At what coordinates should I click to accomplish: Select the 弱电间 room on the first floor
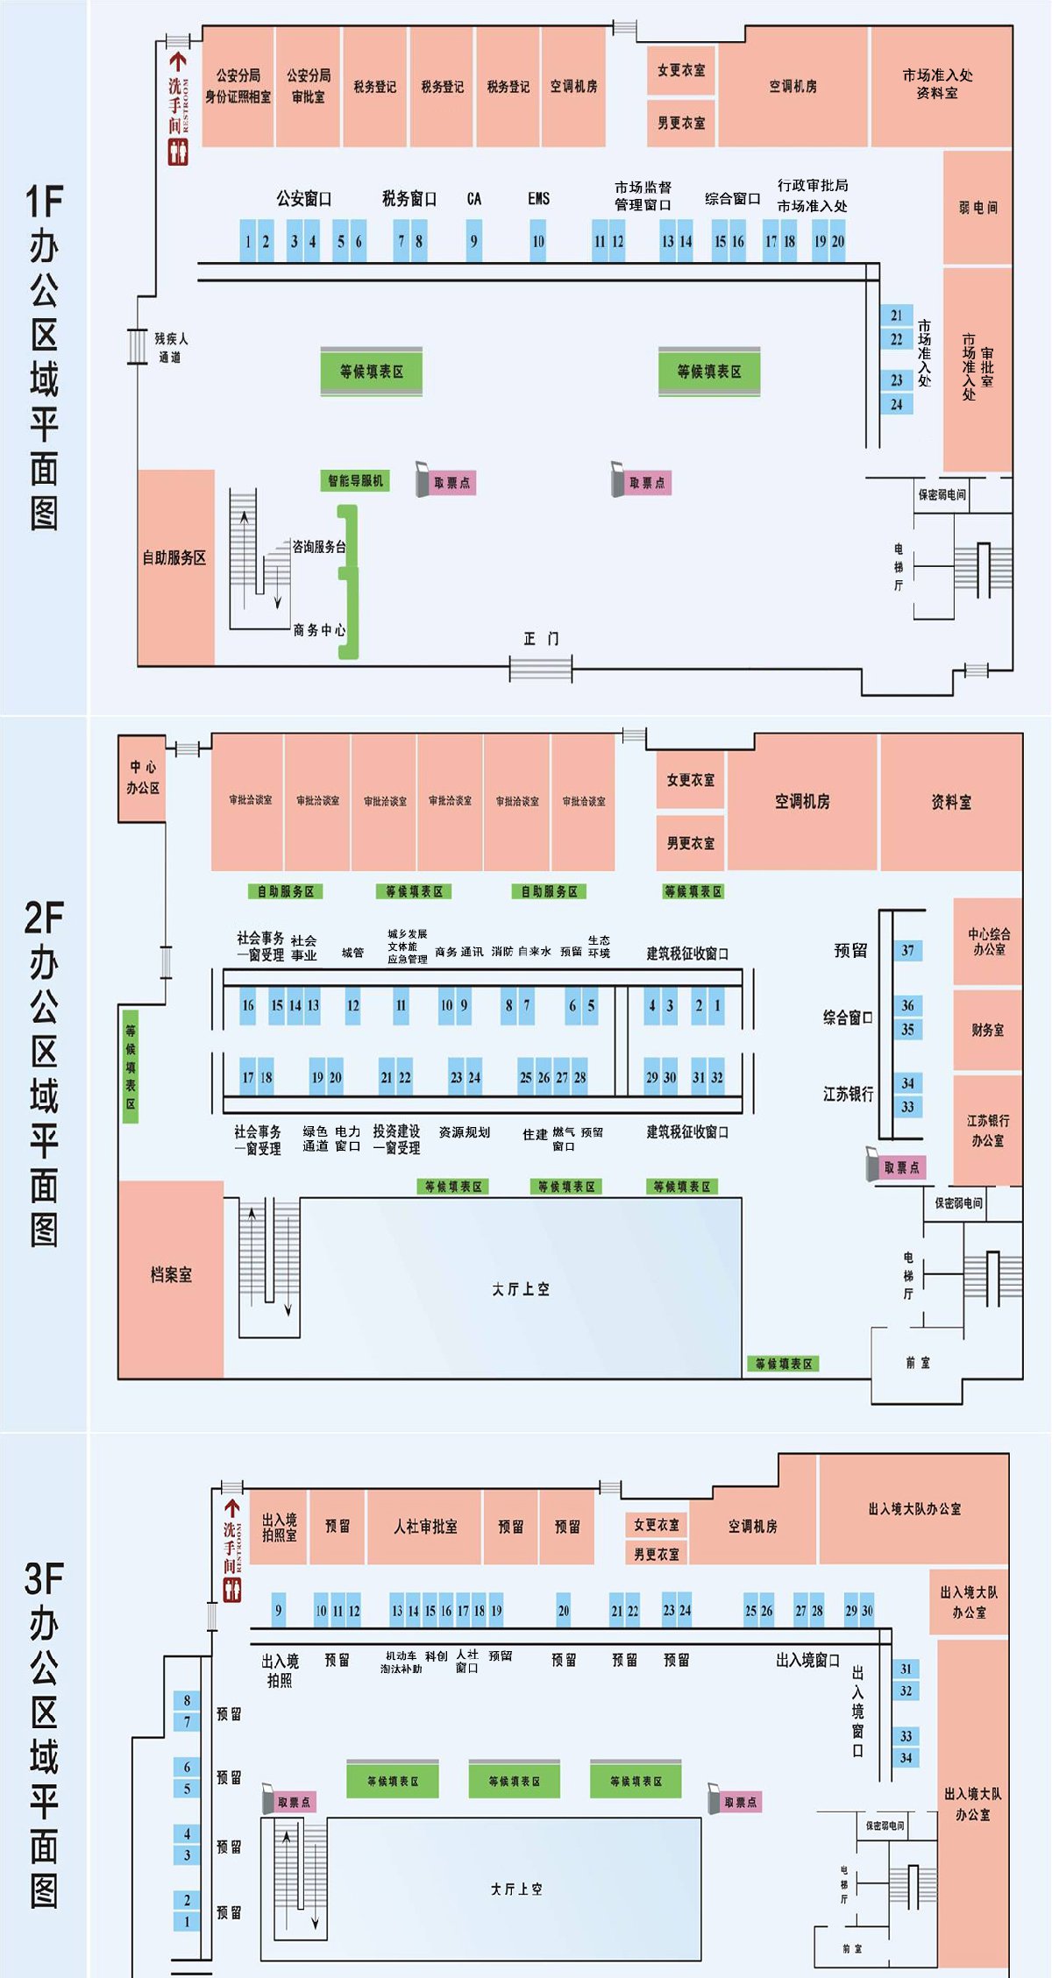click(x=977, y=208)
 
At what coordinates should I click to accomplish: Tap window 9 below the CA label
click(x=473, y=241)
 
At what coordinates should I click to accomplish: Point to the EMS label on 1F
click(x=538, y=199)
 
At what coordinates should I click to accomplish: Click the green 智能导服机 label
click(x=355, y=480)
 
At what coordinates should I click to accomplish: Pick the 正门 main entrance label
click(x=541, y=639)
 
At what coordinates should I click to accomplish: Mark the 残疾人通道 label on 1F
click(x=170, y=347)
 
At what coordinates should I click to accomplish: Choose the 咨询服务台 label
click(x=318, y=547)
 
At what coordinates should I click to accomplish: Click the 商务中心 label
click(x=319, y=630)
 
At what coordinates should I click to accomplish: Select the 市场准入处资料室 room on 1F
click(x=937, y=85)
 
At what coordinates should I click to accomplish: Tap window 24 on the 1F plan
click(x=897, y=404)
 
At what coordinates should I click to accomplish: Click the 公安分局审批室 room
click(x=308, y=86)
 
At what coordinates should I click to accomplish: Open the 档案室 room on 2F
click(x=171, y=1275)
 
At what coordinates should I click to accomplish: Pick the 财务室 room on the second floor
click(x=988, y=1030)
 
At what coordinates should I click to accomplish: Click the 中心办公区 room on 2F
click(x=142, y=777)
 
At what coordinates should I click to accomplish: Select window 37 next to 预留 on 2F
click(x=907, y=950)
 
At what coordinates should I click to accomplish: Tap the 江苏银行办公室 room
click(x=988, y=1131)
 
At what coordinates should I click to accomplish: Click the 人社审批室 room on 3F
click(x=425, y=1527)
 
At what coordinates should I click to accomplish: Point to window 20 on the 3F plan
click(x=564, y=1611)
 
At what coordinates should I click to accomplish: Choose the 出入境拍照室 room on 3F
click(x=279, y=1527)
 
